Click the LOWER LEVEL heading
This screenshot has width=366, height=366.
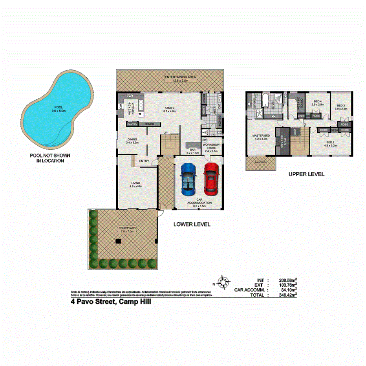192,224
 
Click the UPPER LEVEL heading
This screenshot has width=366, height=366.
306,174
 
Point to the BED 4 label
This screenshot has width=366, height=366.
317,103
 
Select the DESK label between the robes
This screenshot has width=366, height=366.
335,130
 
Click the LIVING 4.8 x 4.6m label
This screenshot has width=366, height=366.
136,185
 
